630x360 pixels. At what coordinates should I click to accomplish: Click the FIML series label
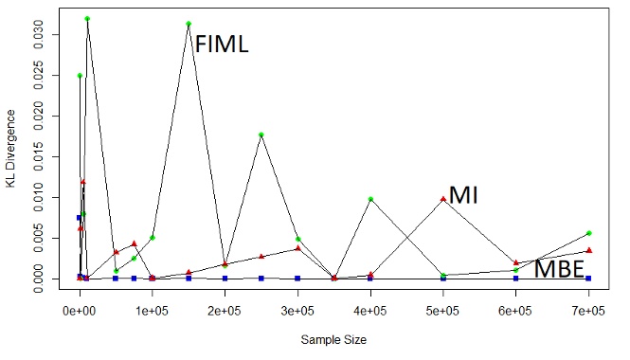[x=221, y=44]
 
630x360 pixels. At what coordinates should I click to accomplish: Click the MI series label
[x=463, y=196]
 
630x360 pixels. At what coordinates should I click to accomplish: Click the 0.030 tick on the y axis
[x=37, y=34]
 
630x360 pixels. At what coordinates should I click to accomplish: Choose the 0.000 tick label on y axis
[x=37, y=278]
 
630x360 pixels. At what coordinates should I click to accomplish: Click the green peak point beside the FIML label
[x=189, y=24]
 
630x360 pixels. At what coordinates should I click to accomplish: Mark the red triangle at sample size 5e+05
[x=442, y=199]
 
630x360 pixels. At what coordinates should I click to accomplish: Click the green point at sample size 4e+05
[x=370, y=199]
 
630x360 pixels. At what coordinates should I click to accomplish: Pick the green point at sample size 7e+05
[x=588, y=233]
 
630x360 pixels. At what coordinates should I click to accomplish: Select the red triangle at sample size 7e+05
[x=588, y=250]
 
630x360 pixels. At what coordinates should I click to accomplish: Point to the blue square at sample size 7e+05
[x=588, y=279]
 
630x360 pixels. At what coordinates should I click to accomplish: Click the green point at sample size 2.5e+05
[x=261, y=135]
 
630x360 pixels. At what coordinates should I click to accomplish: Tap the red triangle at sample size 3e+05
[x=297, y=248]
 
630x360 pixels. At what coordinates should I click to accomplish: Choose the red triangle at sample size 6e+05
[x=515, y=262]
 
